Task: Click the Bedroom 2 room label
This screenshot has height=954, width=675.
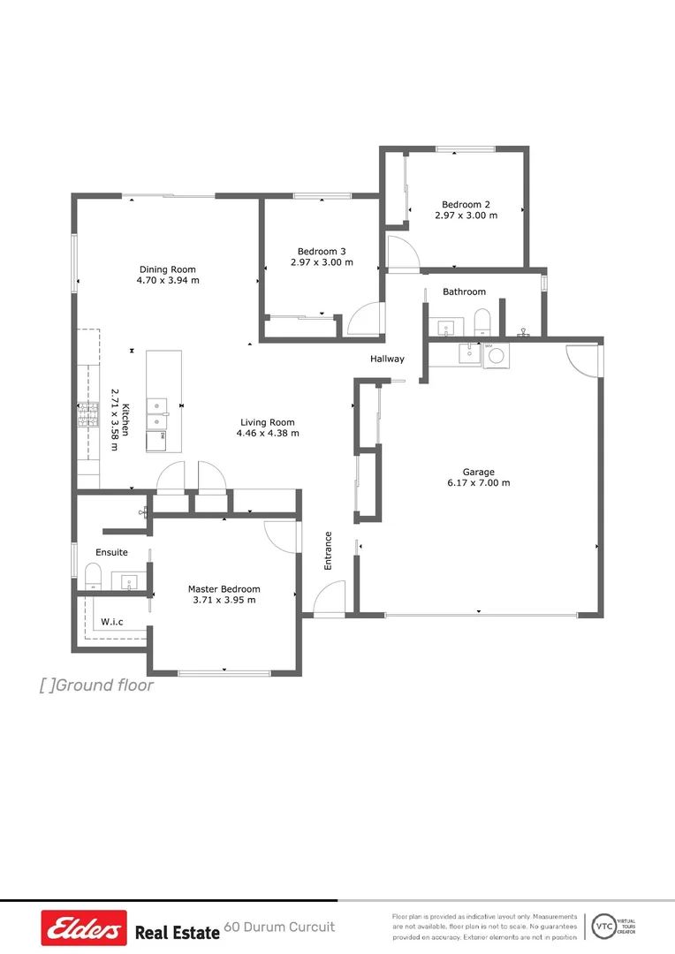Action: (x=466, y=204)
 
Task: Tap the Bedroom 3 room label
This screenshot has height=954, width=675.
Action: (x=322, y=250)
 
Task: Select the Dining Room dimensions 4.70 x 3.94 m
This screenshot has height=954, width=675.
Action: (x=168, y=281)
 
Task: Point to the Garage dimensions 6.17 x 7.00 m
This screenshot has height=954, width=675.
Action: (x=478, y=483)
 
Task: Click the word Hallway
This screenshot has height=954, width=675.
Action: (x=387, y=359)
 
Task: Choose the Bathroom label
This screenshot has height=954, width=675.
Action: (x=464, y=291)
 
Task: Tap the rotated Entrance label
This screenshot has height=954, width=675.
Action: (x=328, y=549)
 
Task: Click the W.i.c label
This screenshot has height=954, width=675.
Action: (x=111, y=622)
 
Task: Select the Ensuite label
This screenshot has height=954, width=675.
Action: (x=111, y=552)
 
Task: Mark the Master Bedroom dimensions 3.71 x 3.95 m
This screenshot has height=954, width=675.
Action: (x=224, y=601)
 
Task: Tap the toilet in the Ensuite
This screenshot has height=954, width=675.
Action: (x=94, y=579)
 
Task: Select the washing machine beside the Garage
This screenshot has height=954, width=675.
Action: (x=496, y=354)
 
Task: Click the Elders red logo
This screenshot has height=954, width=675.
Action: (x=84, y=928)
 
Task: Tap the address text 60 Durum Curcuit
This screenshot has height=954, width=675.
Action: (x=279, y=927)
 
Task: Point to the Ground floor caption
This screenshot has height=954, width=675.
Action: (x=97, y=685)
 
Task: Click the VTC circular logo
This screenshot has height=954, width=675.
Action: (x=603, y=926)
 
